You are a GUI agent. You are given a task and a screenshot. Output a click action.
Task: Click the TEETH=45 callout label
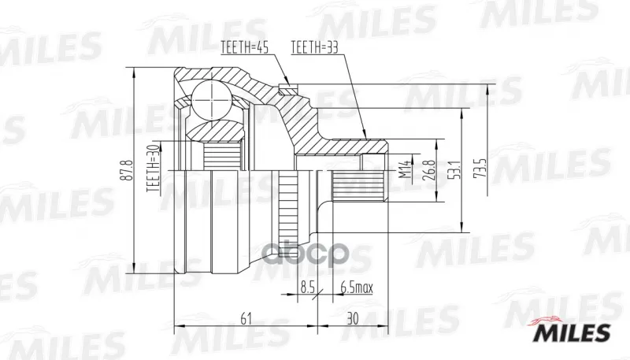(244, 47)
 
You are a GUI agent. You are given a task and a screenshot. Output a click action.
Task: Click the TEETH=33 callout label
(314, 47)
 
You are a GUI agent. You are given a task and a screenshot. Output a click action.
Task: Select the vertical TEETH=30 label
(153, 168)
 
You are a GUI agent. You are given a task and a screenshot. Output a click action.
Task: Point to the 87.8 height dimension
(128, 170)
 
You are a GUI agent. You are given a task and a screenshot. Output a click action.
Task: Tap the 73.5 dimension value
(483, 168)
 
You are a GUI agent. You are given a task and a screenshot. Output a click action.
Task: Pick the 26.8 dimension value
(430, 170)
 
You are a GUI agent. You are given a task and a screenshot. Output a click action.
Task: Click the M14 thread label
(406, 169)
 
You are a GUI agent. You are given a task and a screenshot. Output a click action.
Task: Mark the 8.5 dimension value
(306, 288)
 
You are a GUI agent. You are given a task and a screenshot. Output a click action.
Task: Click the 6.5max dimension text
(357, 288)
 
